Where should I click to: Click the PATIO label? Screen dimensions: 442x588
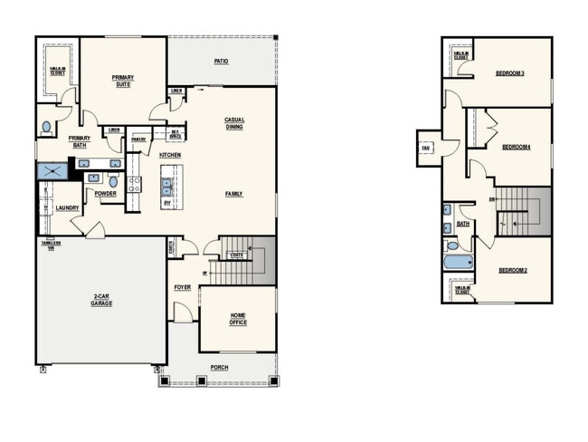221,62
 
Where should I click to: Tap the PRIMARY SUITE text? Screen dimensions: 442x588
123,81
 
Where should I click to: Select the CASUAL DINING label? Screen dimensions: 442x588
234,123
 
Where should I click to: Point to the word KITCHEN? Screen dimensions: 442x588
171,155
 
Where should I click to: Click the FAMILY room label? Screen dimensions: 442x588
234,194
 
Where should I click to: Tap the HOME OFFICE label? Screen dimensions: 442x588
237,319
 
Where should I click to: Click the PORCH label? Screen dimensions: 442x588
220,367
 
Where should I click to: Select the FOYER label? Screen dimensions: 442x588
183,287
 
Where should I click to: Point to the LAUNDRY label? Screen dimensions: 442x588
67,207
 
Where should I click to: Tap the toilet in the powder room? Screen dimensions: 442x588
114,181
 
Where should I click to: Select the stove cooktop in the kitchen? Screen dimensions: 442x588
134,185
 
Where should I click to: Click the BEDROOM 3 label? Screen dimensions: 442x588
511,72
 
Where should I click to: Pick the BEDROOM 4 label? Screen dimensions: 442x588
516,147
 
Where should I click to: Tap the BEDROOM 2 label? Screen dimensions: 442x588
513,271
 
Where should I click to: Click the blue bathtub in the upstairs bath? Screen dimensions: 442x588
459,264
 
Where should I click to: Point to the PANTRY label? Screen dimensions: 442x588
138,139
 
